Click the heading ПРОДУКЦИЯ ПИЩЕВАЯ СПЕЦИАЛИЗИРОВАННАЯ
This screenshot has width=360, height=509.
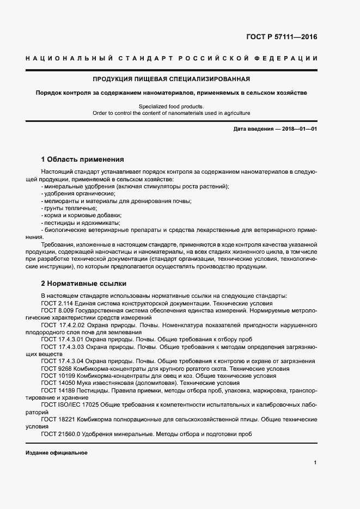pyautogui.click(x=171, y=78)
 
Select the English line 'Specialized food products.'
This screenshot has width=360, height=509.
pyautogui.click(x=171, y=106)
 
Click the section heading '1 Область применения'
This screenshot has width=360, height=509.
pyautogui.click(x=83, y=160)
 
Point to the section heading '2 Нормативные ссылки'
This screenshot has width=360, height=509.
pyautogui.click(x=83, y=284)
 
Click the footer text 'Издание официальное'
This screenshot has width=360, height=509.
pyautogui.click(x=56, y=453)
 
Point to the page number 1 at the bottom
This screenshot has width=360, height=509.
pyautogui.click(x=315, y=463)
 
